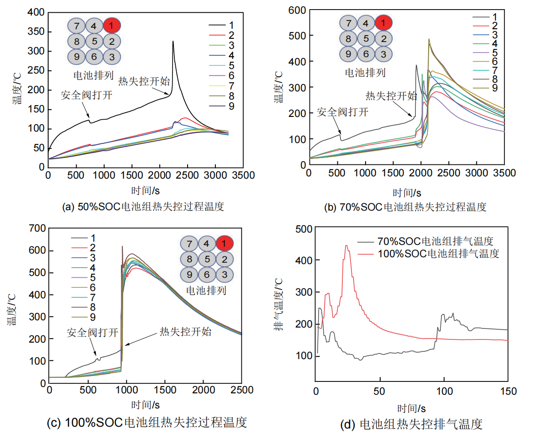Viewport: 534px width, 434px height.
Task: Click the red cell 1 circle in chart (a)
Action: pos(112,25)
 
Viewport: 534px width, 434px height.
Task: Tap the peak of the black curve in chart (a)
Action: pos(173,42)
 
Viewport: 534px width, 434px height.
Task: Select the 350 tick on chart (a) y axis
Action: pos(38,32)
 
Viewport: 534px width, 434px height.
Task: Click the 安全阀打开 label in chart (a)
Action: pos(87,95)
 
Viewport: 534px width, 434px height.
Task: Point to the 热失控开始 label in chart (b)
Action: pos(391,96)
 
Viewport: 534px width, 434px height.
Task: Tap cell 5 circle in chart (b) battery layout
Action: pos(366,38)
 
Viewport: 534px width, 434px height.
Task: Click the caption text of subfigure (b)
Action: pos(405,207)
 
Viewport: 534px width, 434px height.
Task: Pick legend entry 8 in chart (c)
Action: pos(93,307)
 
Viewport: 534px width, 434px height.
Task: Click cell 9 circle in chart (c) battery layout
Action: pos(188,275)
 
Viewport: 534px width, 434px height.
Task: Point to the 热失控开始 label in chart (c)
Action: pos(185,332)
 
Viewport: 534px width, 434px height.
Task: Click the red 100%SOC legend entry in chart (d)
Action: pos(438,253)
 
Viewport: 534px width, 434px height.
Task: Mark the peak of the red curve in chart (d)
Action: pos(346,246)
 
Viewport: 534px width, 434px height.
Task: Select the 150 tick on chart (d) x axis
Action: pos(508,391)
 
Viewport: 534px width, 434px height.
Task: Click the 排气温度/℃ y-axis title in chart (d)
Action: pos(278,307)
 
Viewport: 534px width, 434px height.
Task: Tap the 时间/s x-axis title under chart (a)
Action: pos(143,190)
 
